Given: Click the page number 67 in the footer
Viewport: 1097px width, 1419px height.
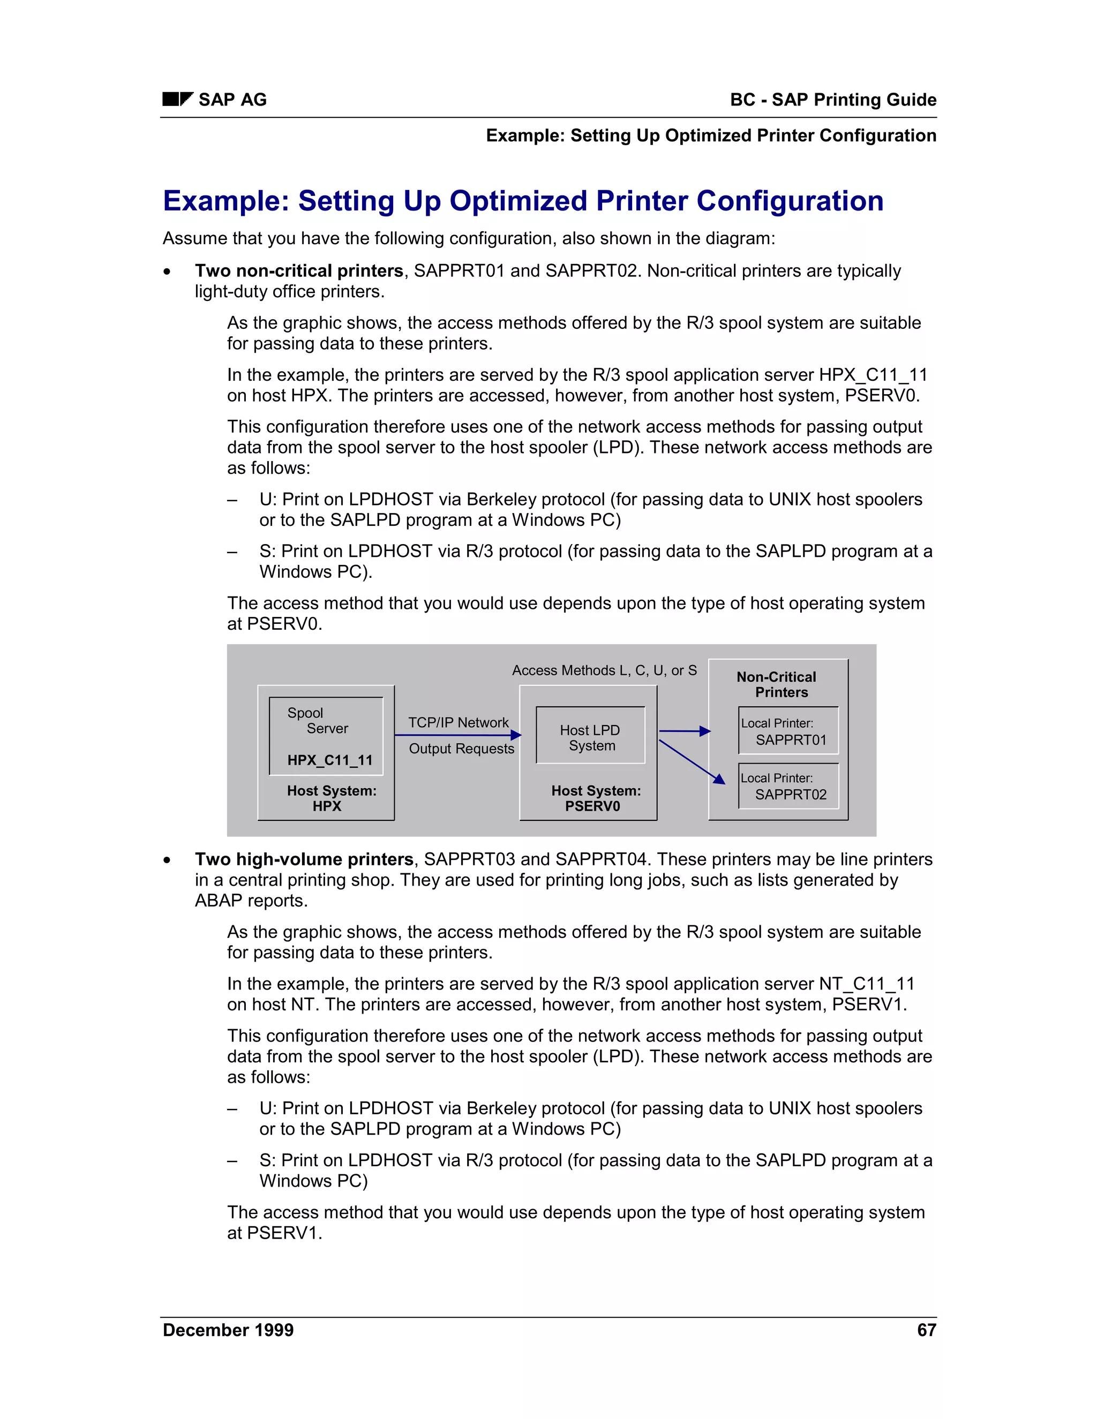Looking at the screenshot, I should pos(926,1330).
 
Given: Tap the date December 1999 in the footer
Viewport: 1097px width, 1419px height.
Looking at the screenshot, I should pos(228,1330).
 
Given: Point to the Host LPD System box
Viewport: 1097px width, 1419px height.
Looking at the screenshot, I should pos(590,737).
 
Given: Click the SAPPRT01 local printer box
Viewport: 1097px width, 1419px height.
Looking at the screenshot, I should pos(788,731).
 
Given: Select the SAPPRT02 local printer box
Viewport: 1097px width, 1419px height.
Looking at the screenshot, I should pos(788,786).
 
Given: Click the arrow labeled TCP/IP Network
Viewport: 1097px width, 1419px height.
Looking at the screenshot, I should pos(457,735).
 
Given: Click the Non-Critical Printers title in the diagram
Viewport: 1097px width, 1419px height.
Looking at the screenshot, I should pos(777,684).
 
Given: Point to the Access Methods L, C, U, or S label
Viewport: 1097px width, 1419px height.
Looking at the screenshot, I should pos(604,670).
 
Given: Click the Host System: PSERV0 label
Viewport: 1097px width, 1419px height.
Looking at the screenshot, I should pos(595,798).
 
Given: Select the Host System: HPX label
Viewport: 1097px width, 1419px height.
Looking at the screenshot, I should pos(332,798).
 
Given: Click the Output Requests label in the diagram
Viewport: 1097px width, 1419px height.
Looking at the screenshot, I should pos(461,749).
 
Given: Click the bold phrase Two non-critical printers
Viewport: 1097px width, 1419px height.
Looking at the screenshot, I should pos(299,271).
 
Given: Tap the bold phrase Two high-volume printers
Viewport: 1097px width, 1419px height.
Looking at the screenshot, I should pos(304,859).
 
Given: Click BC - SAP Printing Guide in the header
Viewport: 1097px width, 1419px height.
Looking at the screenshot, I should pos(832,100).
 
